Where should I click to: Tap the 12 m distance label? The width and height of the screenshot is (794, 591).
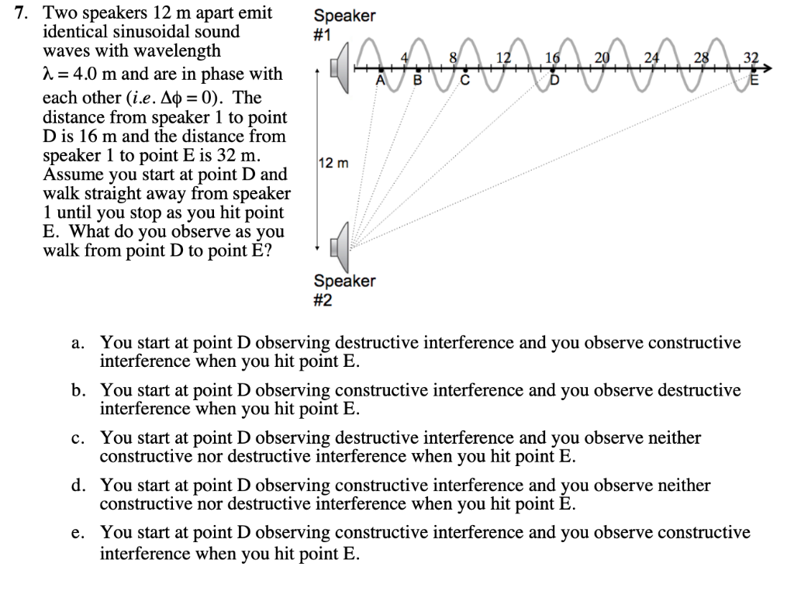tap(334, 164)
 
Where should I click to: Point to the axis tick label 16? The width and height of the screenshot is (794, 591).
tap(553, 57)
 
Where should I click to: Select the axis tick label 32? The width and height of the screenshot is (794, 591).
tap(751, 57)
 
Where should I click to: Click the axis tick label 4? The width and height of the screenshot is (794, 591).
tap(404, 57)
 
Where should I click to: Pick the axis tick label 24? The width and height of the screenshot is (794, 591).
tap(652, 57)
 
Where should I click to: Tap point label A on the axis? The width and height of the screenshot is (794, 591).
tap(380, 80)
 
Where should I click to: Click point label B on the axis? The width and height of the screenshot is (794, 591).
tap(416, 80)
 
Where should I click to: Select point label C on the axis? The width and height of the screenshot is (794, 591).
tap(465, 80)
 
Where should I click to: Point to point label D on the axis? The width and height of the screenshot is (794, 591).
tap(554, 80)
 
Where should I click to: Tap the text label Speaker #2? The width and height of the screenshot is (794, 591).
tap(344, 290)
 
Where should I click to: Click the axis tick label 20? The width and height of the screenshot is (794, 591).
tap(602, 57)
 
